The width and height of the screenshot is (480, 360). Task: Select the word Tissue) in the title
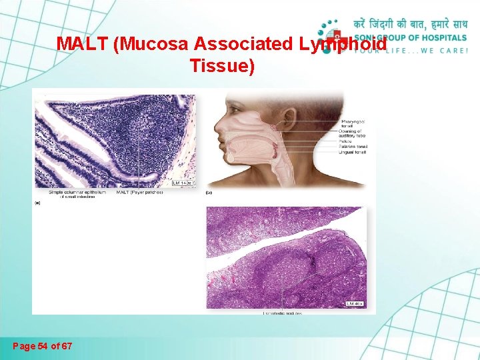click(222, 66)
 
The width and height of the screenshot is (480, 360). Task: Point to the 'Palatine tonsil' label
click(353, 147)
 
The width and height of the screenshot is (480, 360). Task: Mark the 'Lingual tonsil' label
click(353, 153)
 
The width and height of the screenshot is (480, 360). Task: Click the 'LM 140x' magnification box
click(183, 182)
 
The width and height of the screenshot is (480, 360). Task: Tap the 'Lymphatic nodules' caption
click(282, 313)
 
